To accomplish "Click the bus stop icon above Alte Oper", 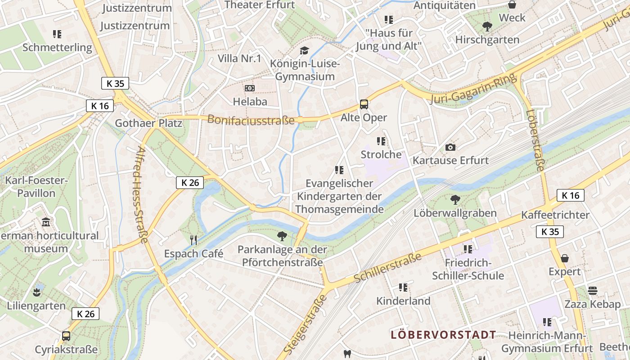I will tap(364, 104).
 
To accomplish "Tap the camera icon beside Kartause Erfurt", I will tap(450, 147).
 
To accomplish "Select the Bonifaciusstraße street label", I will tap(251, 120).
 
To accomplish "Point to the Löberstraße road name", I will tap(535, 140).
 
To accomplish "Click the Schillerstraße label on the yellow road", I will tap(387, 267).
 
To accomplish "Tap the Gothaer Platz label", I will tap(148, 123).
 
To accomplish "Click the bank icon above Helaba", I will tap(249, 88).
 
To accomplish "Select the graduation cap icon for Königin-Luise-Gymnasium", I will tap(305, 50).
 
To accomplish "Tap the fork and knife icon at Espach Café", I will tap(193, 240).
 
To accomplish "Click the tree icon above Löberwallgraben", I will tap(455, 199).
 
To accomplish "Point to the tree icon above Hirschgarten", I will tap(487, 27).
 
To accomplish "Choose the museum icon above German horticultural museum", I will tap(45, 222).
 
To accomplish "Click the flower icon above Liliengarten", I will tap(36, 293).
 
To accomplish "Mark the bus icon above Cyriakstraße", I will tap(66, 336).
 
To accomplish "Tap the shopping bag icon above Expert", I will tap(564, 258).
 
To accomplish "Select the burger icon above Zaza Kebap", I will tap(593, 291).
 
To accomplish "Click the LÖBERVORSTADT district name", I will tap(443, 335).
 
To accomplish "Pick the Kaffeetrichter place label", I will tap(555, 215).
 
